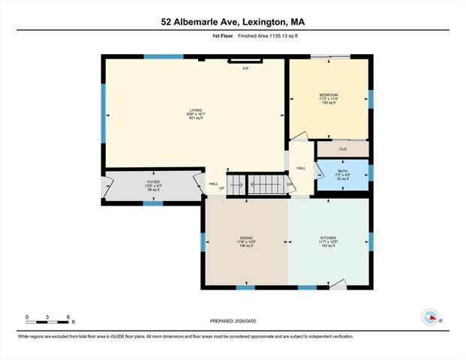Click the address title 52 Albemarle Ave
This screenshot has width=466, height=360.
[233, 22]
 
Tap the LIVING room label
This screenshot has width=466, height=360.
[197, 110]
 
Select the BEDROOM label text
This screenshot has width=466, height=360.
[329, 94]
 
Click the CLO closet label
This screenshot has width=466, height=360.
[343, 148]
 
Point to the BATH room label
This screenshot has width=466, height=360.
[342, 172]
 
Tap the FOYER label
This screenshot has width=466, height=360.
[153, 182]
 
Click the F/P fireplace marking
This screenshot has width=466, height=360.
[245, 69]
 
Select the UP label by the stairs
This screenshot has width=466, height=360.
[221, 188]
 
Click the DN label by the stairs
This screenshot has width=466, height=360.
[289, 184]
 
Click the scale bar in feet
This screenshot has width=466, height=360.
[47, 318]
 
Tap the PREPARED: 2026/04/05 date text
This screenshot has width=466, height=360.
[233, 321]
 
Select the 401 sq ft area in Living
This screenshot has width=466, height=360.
[197, 118]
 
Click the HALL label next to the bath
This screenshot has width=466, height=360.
[301, 168]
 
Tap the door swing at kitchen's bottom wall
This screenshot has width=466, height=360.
[338, 283]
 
